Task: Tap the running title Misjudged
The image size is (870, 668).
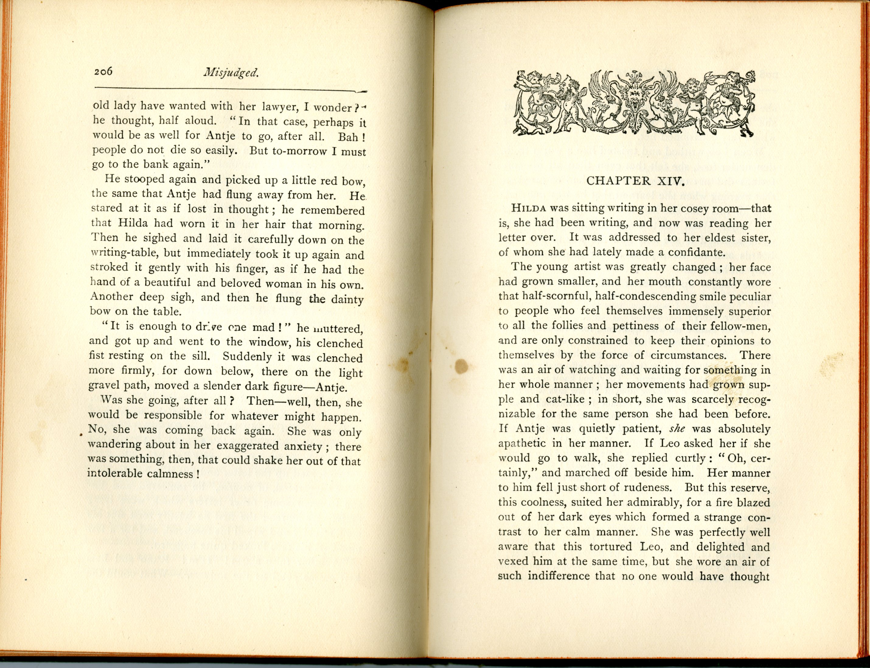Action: pyautogui.click(x=231, y=73)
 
